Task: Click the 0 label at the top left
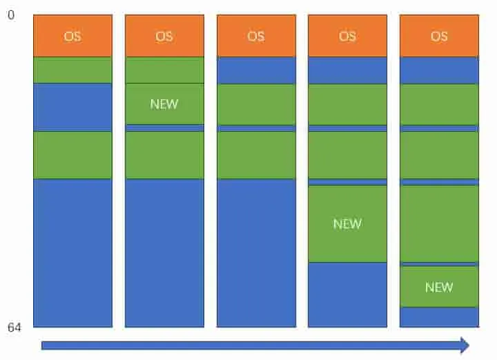point(11,15)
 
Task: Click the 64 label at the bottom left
point(14,328)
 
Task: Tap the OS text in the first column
point(72,37)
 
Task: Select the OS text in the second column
point(164,37)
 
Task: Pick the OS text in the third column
point(256,37)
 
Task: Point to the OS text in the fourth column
point(347,37)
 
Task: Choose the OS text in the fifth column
point(439,37)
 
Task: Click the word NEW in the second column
point(164,104)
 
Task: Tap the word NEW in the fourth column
point(347,224)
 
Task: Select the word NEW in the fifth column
point(439,287)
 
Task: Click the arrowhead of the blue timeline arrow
point(465,345)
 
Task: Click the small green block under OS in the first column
point(72,70)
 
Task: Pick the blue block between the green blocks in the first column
point(72,108)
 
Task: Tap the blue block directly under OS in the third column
point(256,70)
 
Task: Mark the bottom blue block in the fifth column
point(439,317)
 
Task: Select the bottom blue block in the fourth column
point(347,294)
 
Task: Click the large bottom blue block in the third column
point(256,253)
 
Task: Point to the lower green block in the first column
point(72,155)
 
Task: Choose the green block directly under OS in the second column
point(164,70)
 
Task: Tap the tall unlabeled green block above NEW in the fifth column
point(439,224)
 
